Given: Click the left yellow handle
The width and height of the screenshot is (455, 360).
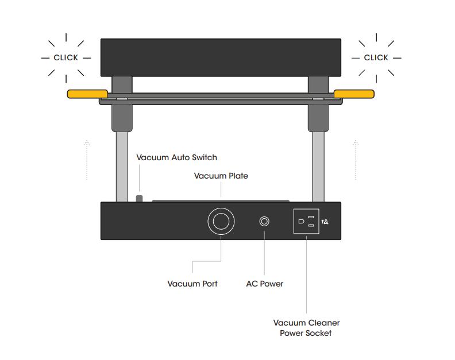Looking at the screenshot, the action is (x=87, y=94).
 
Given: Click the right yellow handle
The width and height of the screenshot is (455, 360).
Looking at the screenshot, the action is (x=354, y=94).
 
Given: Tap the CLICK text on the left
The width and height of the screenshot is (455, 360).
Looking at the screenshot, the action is (x=66, y=58).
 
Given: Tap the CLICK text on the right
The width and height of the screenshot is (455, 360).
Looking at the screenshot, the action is (x=376, y=58).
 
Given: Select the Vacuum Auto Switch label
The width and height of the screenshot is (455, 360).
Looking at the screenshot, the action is (x=177, y=157).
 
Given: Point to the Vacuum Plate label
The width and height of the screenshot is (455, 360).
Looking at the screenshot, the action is (x=221, y=176).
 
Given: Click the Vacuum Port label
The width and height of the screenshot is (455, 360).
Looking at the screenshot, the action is (x=192, y=284).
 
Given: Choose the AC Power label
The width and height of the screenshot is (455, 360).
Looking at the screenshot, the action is (x=265, y=284).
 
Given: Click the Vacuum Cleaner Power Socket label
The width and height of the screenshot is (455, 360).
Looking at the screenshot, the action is (x=306, y=328).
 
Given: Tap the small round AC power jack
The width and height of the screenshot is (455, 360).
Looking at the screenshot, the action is (x=264, y=222).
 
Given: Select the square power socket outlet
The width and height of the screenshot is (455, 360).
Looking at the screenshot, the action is (x=306, y=221).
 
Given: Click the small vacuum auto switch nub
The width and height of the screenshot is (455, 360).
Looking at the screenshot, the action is (x=139, y=199).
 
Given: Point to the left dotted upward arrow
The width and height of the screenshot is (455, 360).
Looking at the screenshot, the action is (x=87, y=160).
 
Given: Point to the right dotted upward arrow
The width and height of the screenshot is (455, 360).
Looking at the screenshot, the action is (x=356, y=160).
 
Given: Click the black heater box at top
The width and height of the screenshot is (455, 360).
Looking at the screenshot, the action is (x=221, y=57).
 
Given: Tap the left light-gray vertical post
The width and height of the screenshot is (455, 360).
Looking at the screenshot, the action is (x=122, y=167).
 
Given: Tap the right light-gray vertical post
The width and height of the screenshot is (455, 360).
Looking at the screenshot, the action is (x=318, y=167).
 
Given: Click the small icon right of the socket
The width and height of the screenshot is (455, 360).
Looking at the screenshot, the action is (x=325, y=222).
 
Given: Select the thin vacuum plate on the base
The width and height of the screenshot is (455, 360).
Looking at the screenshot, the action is (x=221, y=201).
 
